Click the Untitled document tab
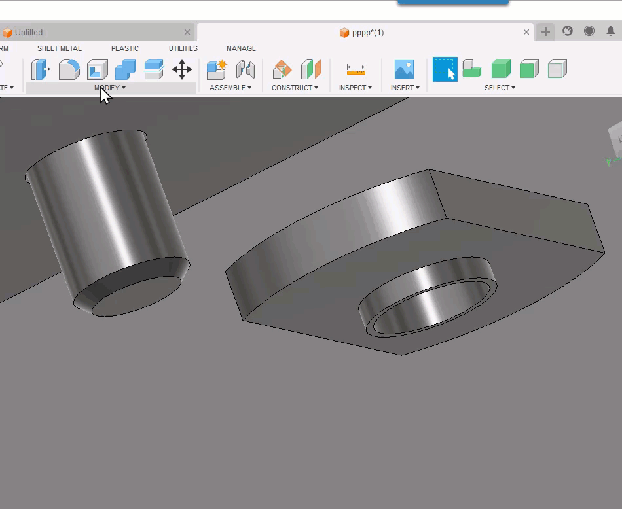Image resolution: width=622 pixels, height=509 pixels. coord(29,32)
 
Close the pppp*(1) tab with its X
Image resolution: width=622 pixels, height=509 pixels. coord(526,32)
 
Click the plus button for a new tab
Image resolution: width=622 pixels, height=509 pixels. coord(545,31)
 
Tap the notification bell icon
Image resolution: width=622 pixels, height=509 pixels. coord(610,31)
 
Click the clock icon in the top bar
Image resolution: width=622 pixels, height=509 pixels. coord(589,31)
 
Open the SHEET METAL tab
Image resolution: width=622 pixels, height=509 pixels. coord(59,48)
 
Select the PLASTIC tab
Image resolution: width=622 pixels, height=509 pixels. coord(124,48)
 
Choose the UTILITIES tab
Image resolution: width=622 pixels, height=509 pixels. coord(183,48)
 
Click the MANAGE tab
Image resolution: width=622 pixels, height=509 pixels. coord(241,48)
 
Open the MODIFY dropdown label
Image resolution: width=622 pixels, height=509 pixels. coord(109,88)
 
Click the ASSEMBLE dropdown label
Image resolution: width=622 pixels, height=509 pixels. coord(230,88)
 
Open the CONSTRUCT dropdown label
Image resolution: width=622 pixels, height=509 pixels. coord(295,88)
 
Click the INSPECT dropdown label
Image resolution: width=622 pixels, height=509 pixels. coord(355,88)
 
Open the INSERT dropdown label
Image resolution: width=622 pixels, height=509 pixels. coord(404,88)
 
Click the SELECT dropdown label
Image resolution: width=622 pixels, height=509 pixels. coord(500,88)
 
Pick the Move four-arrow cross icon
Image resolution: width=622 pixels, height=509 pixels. coord(181,69)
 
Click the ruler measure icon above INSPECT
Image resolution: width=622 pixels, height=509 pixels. coord(356,69)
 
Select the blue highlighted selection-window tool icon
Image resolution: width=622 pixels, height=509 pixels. coord(445,69)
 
